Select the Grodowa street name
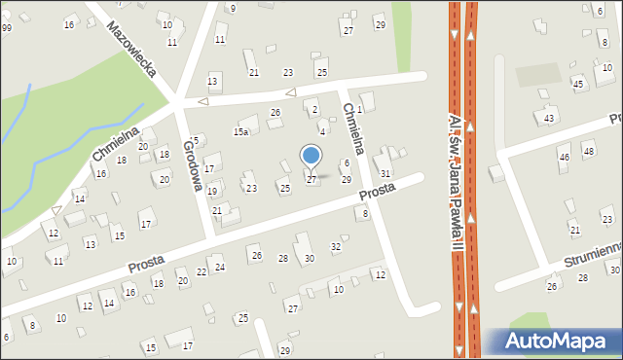click(193, 163)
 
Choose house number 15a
click(241, 131)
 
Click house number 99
click(6, 27)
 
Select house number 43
click(549, 118)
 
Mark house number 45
click(578, 85)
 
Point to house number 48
click(587, 152)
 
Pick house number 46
click(563, 157)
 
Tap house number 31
click(385, 173)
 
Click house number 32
click(336, 247)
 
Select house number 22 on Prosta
click(202, 271)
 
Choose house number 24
click(220, 267)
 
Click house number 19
click(212, 191)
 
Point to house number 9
click(232, 8)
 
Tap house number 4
click(322, 131)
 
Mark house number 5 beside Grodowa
click(196, 141)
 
